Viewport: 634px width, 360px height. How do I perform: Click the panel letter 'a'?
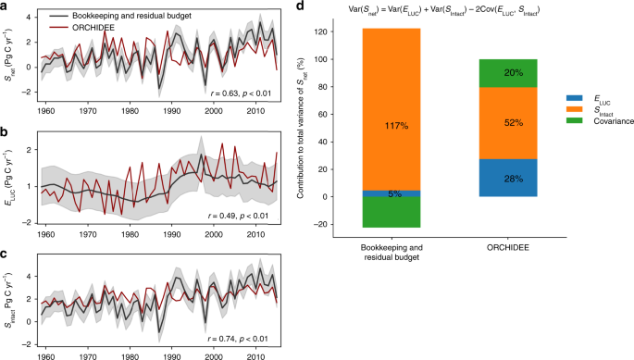[6, 6]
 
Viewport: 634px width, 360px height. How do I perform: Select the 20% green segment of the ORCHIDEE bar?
[514, 73]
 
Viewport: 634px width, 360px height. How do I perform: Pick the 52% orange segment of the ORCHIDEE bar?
[514, 123]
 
